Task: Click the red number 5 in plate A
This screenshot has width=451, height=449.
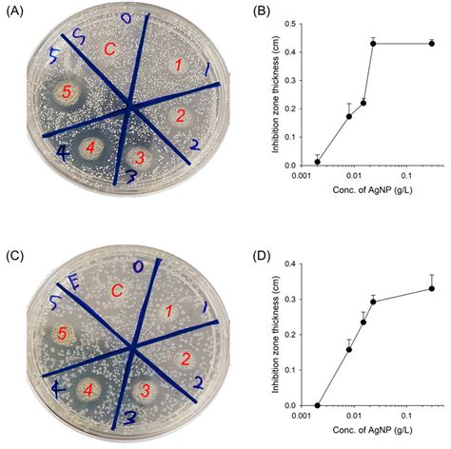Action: (x=66, y=92)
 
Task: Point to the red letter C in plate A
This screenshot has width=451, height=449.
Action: (x=110, y=49)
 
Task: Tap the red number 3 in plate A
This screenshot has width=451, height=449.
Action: (x=139, y=157)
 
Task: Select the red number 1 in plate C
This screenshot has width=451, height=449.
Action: (x=167, y=311)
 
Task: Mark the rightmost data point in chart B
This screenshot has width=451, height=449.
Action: (x=432, y=43)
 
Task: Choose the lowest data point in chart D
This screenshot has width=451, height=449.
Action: (x=318, y=404)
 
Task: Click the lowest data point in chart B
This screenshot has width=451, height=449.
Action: (x=318, y=161)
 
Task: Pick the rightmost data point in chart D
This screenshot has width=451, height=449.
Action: (x=432, y=288)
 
